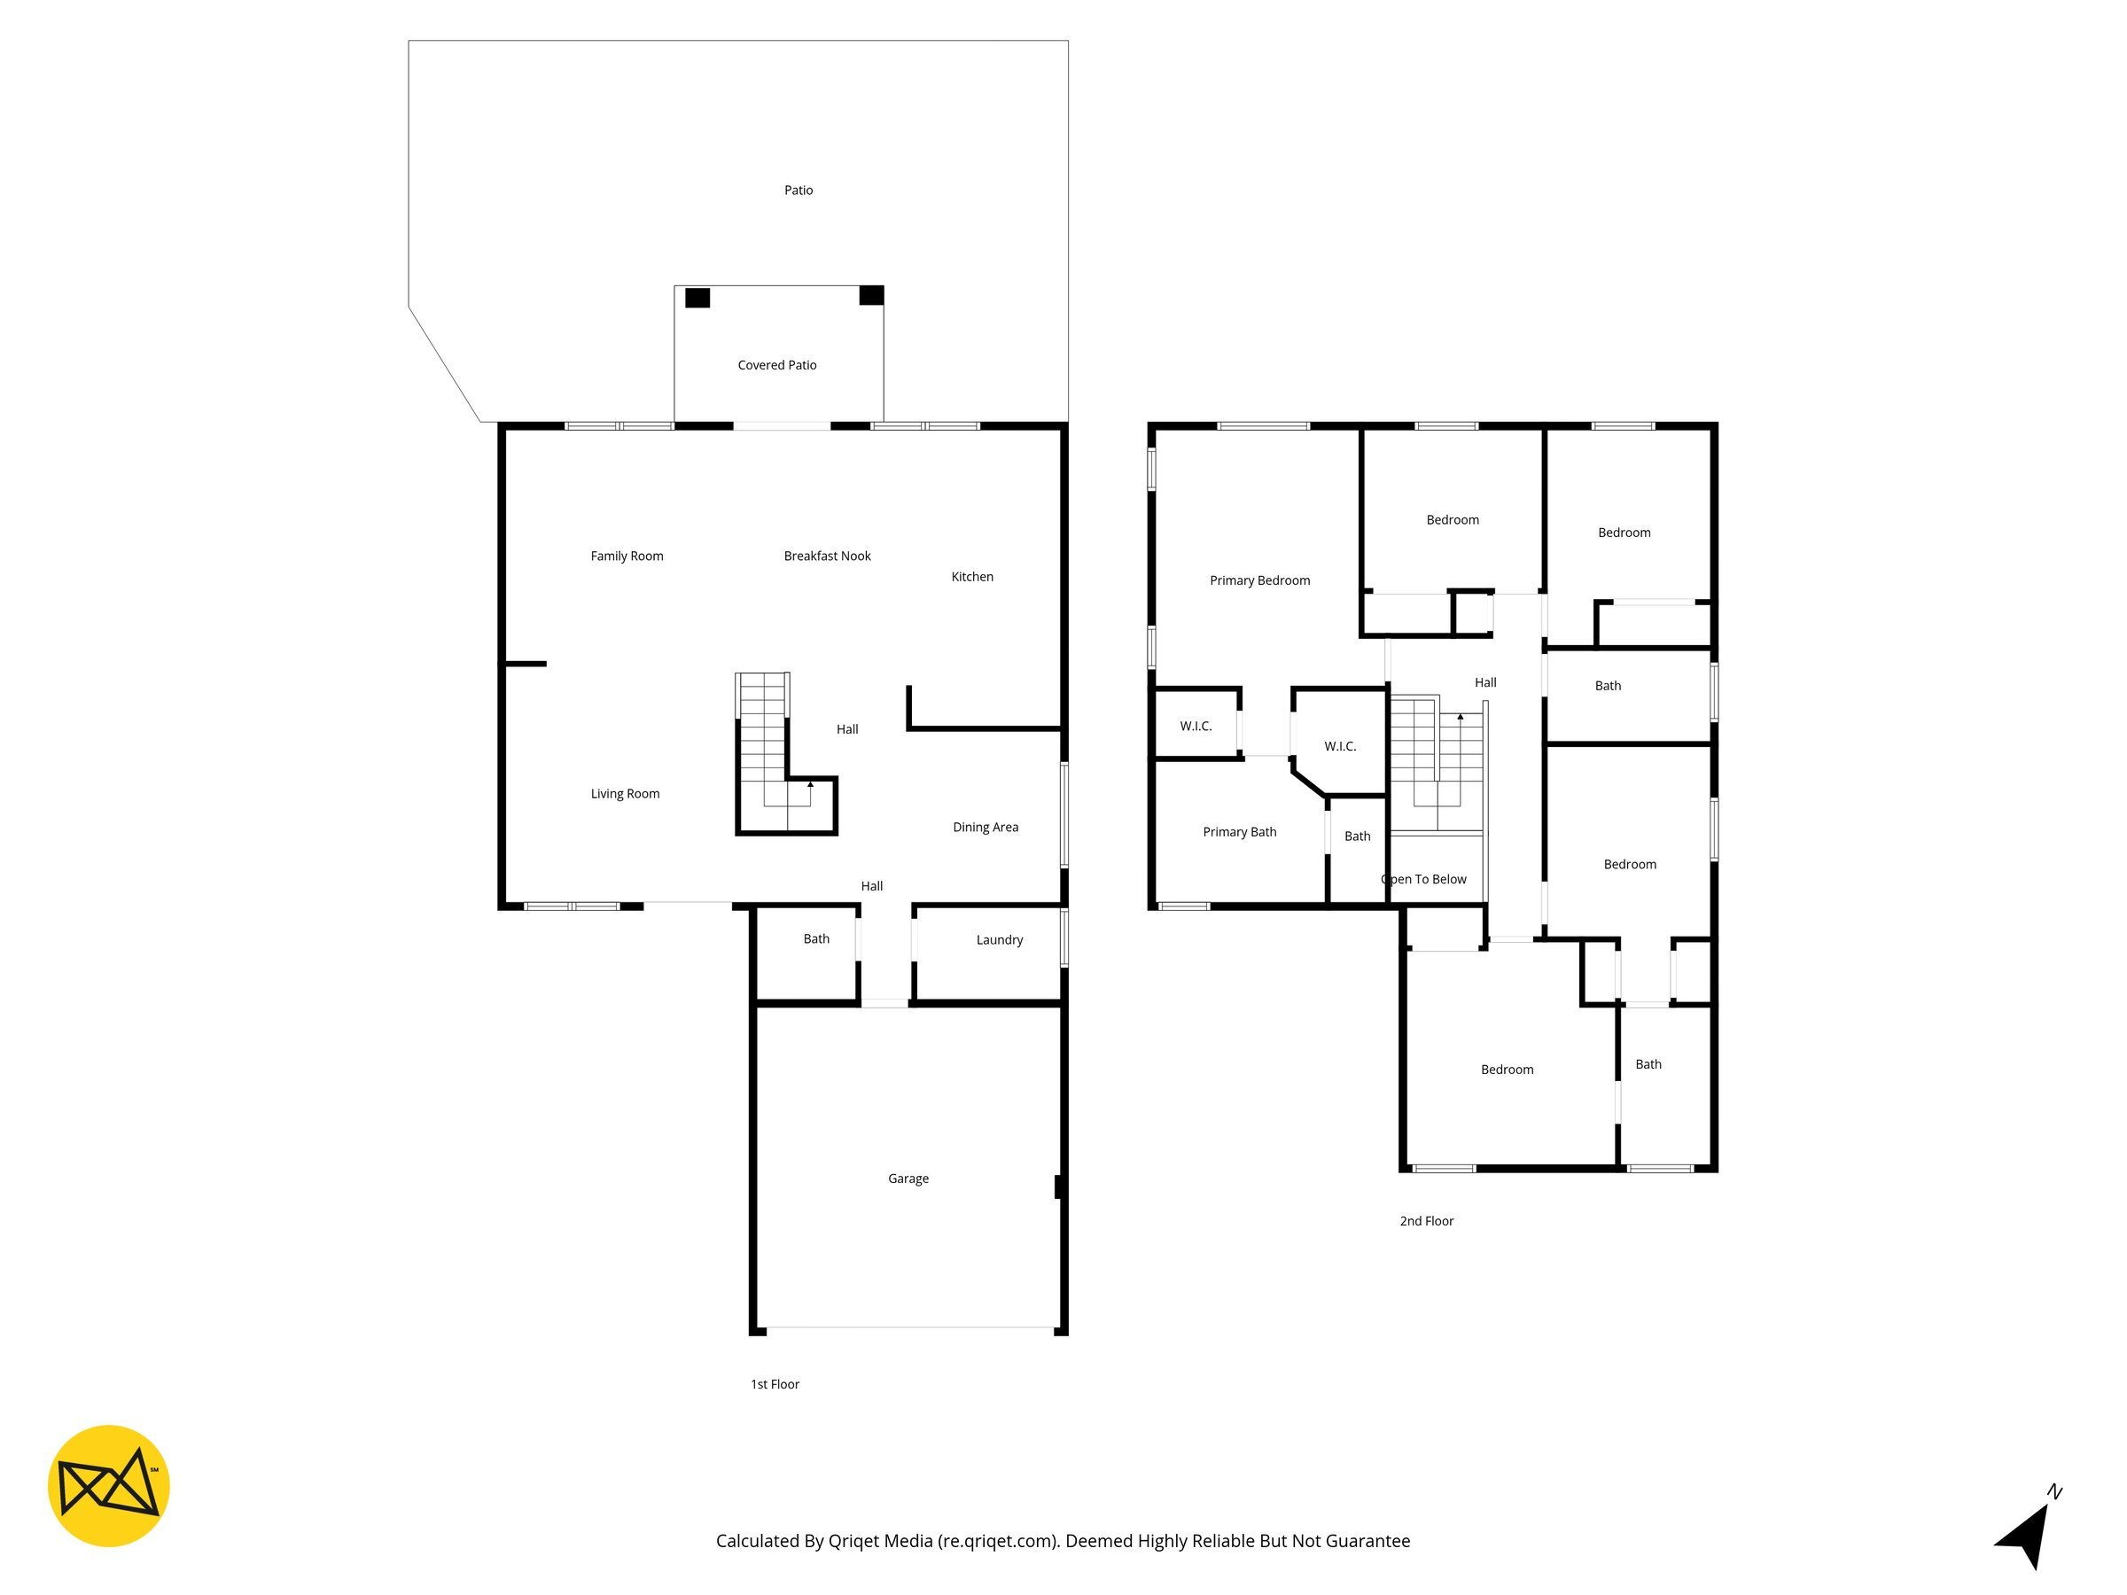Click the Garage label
pos(908,1179)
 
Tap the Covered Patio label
pos(777,365)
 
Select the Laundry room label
pos(999,940)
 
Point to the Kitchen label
pos(972,577)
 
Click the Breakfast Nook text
pos(827,556)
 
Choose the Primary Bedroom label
pos(1259,580)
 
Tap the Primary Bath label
pos(1240,833)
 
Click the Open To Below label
pos(1424,880)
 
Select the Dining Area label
pos(986,827)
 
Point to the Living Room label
pos(625,794)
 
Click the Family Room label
pos(627,556)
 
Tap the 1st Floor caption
pos(775,1384)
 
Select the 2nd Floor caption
pos(1427,1221)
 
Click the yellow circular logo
pos(109,1485)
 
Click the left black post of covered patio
pos(697,298)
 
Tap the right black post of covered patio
pos(871,295)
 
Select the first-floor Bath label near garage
pos(816,939)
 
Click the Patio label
pos(799,191)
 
